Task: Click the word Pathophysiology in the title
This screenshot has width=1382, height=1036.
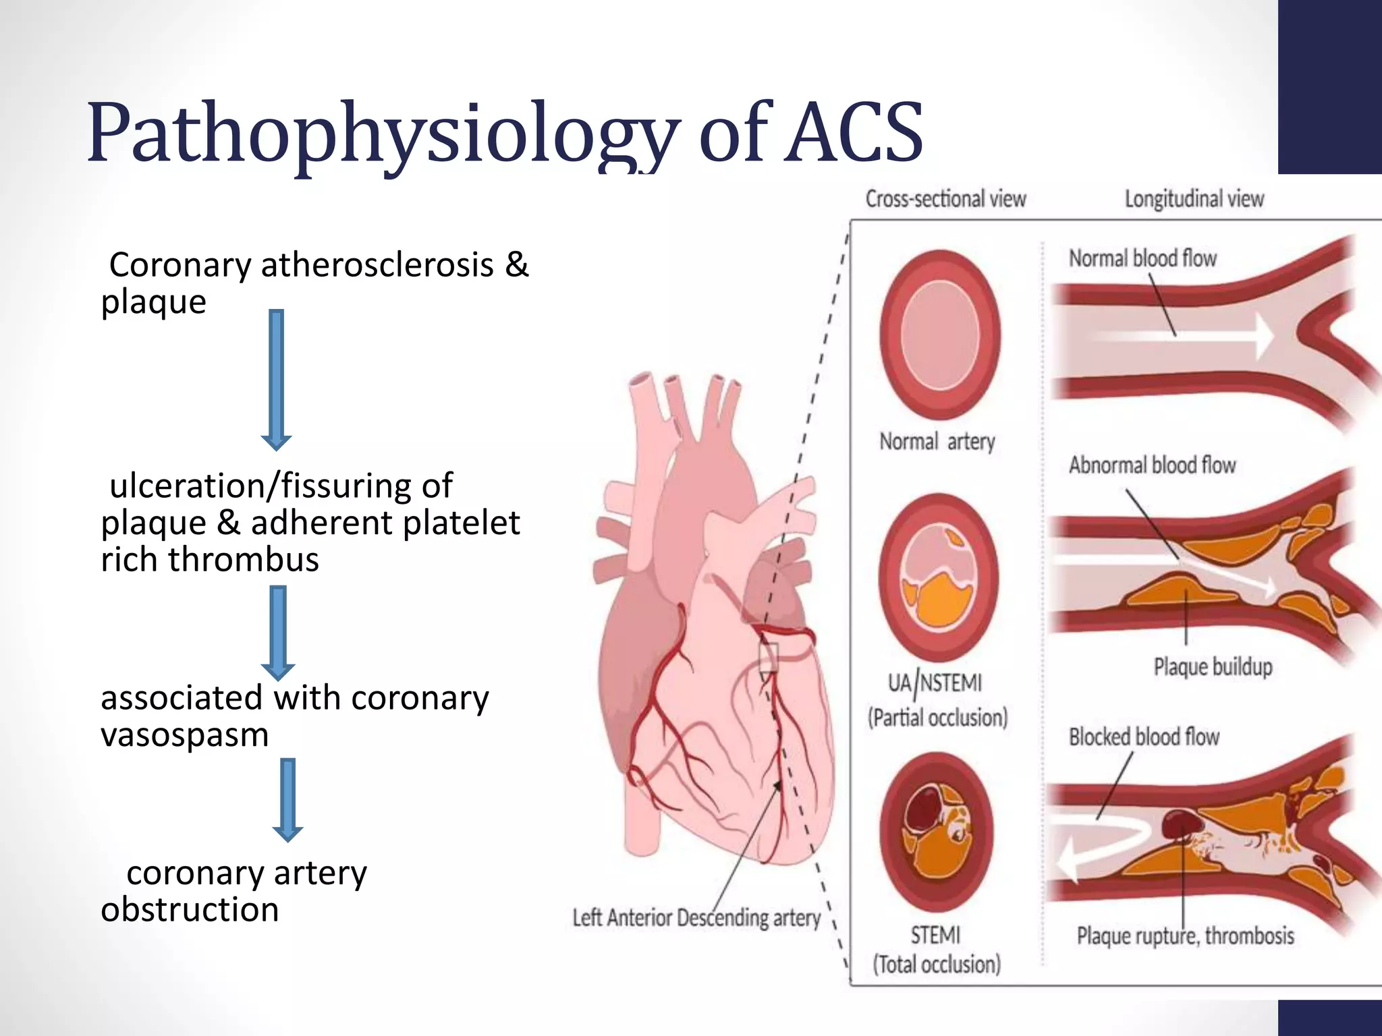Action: (381, 134)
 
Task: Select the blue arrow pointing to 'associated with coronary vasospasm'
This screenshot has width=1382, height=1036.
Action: (278, 631)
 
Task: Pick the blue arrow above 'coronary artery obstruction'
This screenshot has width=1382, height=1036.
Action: (288, 799)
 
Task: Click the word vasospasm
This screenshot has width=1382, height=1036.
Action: (184, 735)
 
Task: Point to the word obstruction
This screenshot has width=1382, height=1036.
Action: (190, 910)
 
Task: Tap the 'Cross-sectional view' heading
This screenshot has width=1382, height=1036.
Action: (945, 199)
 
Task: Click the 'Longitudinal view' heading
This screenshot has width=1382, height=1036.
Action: (1194, 199)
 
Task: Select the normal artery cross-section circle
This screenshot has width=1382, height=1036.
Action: (939, 335)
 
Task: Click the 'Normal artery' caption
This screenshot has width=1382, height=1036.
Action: (937, 442)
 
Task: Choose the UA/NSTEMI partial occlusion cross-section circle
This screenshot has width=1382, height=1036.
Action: (938, 577)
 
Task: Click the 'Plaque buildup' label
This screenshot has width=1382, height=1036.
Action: (1213, 667)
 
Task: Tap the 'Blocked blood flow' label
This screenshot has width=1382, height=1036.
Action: (1144, 737)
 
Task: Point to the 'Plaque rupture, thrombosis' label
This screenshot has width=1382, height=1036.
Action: (1185, 936)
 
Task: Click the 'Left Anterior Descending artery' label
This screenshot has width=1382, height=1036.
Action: (696, 918)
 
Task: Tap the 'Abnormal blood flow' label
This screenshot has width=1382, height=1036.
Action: (1152, 465)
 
